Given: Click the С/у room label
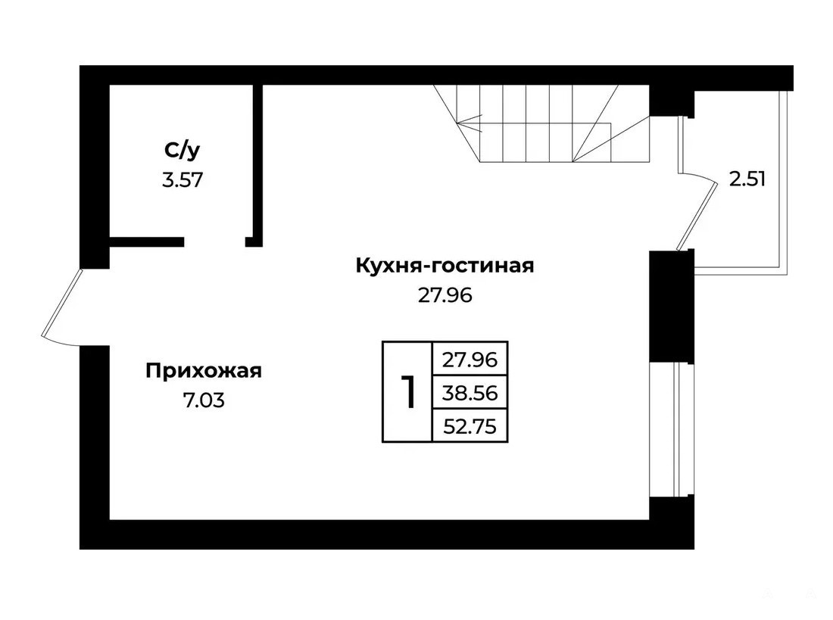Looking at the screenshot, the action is (x=183, y=151).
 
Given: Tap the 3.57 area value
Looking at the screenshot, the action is (x=183, y=180).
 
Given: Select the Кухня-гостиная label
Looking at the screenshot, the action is (x=445, y=265).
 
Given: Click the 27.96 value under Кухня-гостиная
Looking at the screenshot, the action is (x=445, y=294).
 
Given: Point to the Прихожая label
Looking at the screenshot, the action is (x=204, y=371).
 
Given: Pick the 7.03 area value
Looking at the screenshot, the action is (x=204, y=400).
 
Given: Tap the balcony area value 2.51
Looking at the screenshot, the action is (x=747, y=179).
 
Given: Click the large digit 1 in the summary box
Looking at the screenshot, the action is (x=407, y=392).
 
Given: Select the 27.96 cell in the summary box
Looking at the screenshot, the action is (x=470, y=360).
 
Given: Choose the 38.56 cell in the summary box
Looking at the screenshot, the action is (x=470, y=393).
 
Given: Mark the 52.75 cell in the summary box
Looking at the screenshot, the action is (x=470, y=426).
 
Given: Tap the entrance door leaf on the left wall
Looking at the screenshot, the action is (x=61, y=304).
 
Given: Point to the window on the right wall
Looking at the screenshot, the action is (x=672, y=429).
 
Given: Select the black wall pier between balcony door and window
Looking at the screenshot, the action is (x=672, y=306).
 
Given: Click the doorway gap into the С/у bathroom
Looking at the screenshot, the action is (x=214, y=242).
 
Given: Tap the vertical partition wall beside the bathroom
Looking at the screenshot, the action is (x=257, y=166).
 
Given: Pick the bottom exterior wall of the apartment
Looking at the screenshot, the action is (x=387, y=534).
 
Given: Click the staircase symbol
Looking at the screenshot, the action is (x=542, y=123).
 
